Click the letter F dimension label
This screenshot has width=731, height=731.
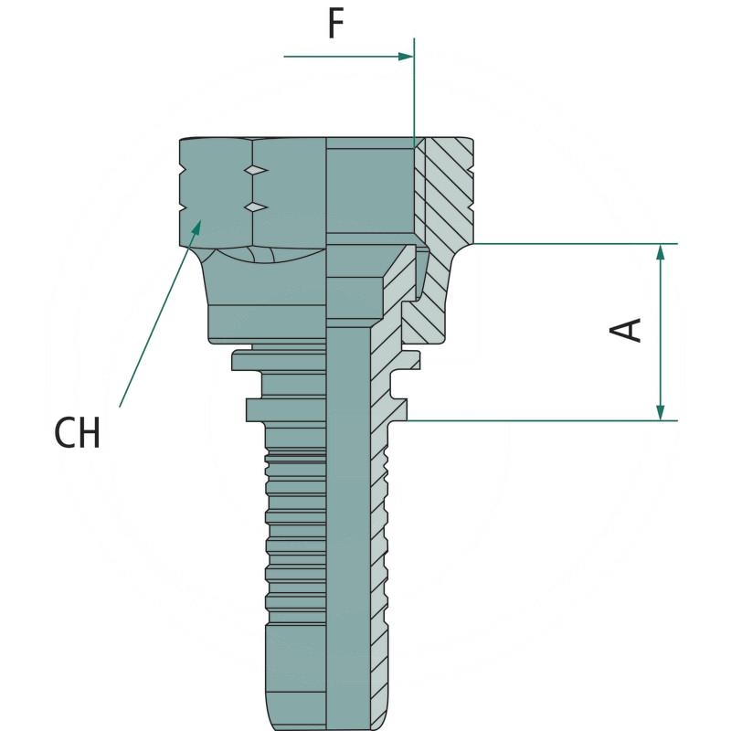tap(336, 25)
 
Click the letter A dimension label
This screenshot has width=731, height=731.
tap(627, 330)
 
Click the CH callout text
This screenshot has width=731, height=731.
tap(78, 433)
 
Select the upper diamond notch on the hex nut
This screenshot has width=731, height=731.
tap(257, 171)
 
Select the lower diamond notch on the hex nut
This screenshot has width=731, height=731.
tap(257, 207)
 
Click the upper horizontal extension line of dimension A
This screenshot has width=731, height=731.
tap(567, 244)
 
